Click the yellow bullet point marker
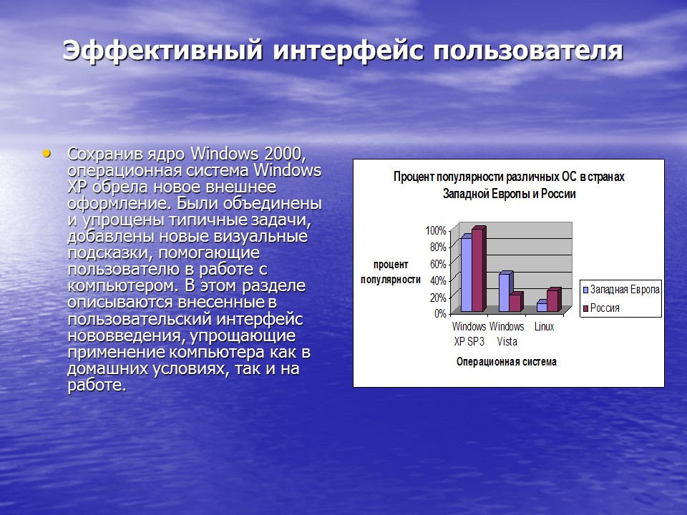tap(47, 153)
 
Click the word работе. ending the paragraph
tap(97, 386)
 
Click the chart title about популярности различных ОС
tap(509, 185)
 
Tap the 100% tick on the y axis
tap(435, 231)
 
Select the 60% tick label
tap(437, 264)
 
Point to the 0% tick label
tap(439, 313)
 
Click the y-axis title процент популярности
tap(391, 272)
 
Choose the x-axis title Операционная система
tap(506, 362)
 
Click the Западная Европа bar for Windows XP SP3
tap(466, 274)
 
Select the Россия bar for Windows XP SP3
tap(477, 270)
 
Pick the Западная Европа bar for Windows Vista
tap(505, 293)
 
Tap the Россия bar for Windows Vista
tap(515, 303)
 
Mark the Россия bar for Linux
tap(552, 300)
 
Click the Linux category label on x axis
tap(544, 327)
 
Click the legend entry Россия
tap(605, 308)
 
